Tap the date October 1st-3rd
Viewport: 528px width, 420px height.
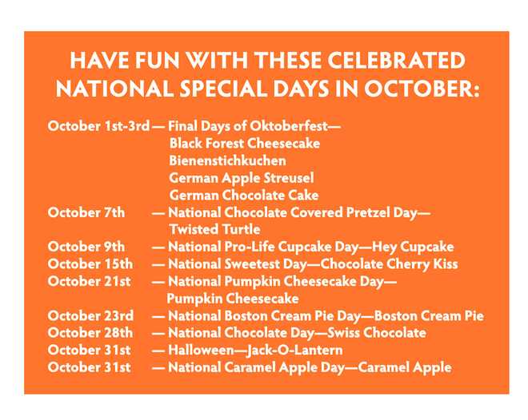[x=98, y=126]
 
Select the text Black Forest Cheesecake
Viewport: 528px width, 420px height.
[x=245, y=144]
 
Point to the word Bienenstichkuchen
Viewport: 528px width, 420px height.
[x=227, y=160]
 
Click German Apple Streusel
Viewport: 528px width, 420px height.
[x=242, y=178]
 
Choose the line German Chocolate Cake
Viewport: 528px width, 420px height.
[x=244, y=195]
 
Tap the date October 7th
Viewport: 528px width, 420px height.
[x=86, y=212]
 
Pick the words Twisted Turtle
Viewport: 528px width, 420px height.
[x=214, y=229]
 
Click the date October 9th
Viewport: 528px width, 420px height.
[x=86, y=247]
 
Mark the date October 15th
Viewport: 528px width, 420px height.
[x=90, y=264]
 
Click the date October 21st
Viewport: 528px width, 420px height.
[x=89, y=281]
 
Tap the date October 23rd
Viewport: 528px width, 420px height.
[x=90, y=315]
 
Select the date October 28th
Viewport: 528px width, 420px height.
[x=90, y=333]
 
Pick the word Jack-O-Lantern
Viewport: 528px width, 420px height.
[x=294, y=351]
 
